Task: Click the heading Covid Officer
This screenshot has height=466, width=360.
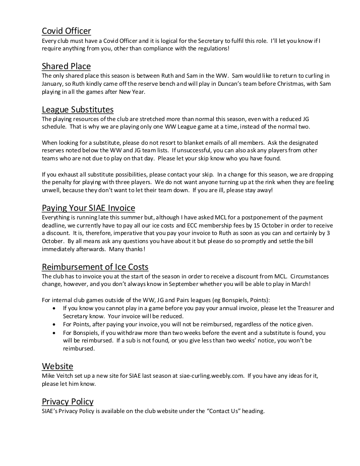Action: (x=66, y=31)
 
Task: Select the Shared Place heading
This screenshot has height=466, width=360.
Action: (x=66, y=67)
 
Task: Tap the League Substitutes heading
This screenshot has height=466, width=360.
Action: (x=78, y=109)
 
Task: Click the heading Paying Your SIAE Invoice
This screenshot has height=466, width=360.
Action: (x=88, y=208)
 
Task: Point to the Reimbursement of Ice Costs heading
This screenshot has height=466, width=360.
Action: (x=95, y=267)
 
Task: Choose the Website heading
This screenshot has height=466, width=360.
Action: (x=57, y=366)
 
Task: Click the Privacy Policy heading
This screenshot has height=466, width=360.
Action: (x=68, y=401)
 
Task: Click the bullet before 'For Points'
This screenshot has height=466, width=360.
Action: (x=54, y=324)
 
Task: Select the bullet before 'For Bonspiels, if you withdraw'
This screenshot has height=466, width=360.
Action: (x=54, y=333)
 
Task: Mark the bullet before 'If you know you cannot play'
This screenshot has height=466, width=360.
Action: (x=54, y=308)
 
